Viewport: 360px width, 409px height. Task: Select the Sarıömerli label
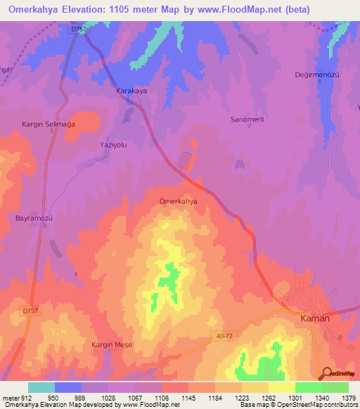click(x=247, y=119)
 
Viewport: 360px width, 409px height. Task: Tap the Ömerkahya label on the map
click(x=179, y=201)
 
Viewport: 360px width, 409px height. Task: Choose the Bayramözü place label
click(x=35, y=218)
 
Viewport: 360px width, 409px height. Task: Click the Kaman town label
click(x=314, y=318)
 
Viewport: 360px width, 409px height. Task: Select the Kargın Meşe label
click(x=112, y=344)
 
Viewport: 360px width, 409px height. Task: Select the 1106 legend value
click(x=161, y=398)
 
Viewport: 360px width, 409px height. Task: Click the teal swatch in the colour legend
click(x=41, y=387)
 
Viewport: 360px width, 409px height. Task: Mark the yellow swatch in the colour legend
click(x=281, y=387)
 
